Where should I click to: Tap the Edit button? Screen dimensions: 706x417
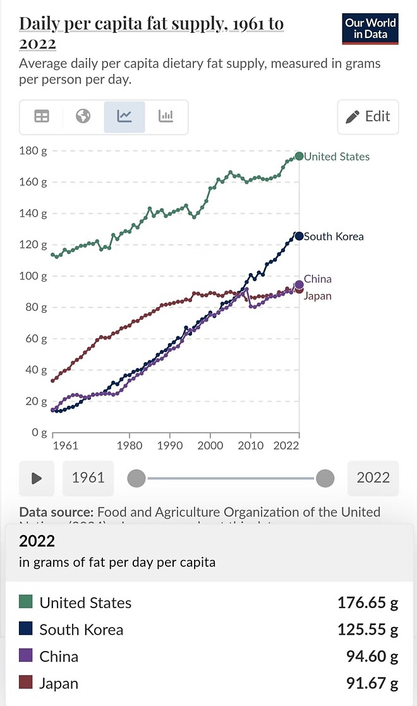coord(368,116)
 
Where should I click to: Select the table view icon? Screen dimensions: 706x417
coord(42,116)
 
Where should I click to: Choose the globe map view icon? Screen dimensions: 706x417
coord(83,116)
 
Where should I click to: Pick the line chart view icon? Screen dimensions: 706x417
coord(124,116)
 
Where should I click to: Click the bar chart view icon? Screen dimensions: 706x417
coord(166,116)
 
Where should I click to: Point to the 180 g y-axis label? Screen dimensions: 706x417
coord(35,150)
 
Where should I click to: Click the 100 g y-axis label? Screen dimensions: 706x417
coord(35,276)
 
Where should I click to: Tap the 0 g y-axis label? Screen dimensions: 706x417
coord(39,433)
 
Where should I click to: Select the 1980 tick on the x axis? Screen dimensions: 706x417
coord(130,445)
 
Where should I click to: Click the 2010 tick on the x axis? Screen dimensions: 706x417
coord(250,445)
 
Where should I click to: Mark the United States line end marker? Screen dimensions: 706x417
coord(299,156)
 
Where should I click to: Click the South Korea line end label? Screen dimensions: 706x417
coord(334,236)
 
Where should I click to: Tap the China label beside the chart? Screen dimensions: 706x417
coord(317,279)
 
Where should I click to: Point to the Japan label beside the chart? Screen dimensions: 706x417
coord(318,296)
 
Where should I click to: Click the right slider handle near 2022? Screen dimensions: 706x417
coord(325,478)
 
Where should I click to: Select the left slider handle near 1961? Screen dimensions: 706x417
coord(136,478)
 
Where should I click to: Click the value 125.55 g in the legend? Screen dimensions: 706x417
coord(368,630)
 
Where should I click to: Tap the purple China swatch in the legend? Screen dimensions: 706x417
coord(26,656)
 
